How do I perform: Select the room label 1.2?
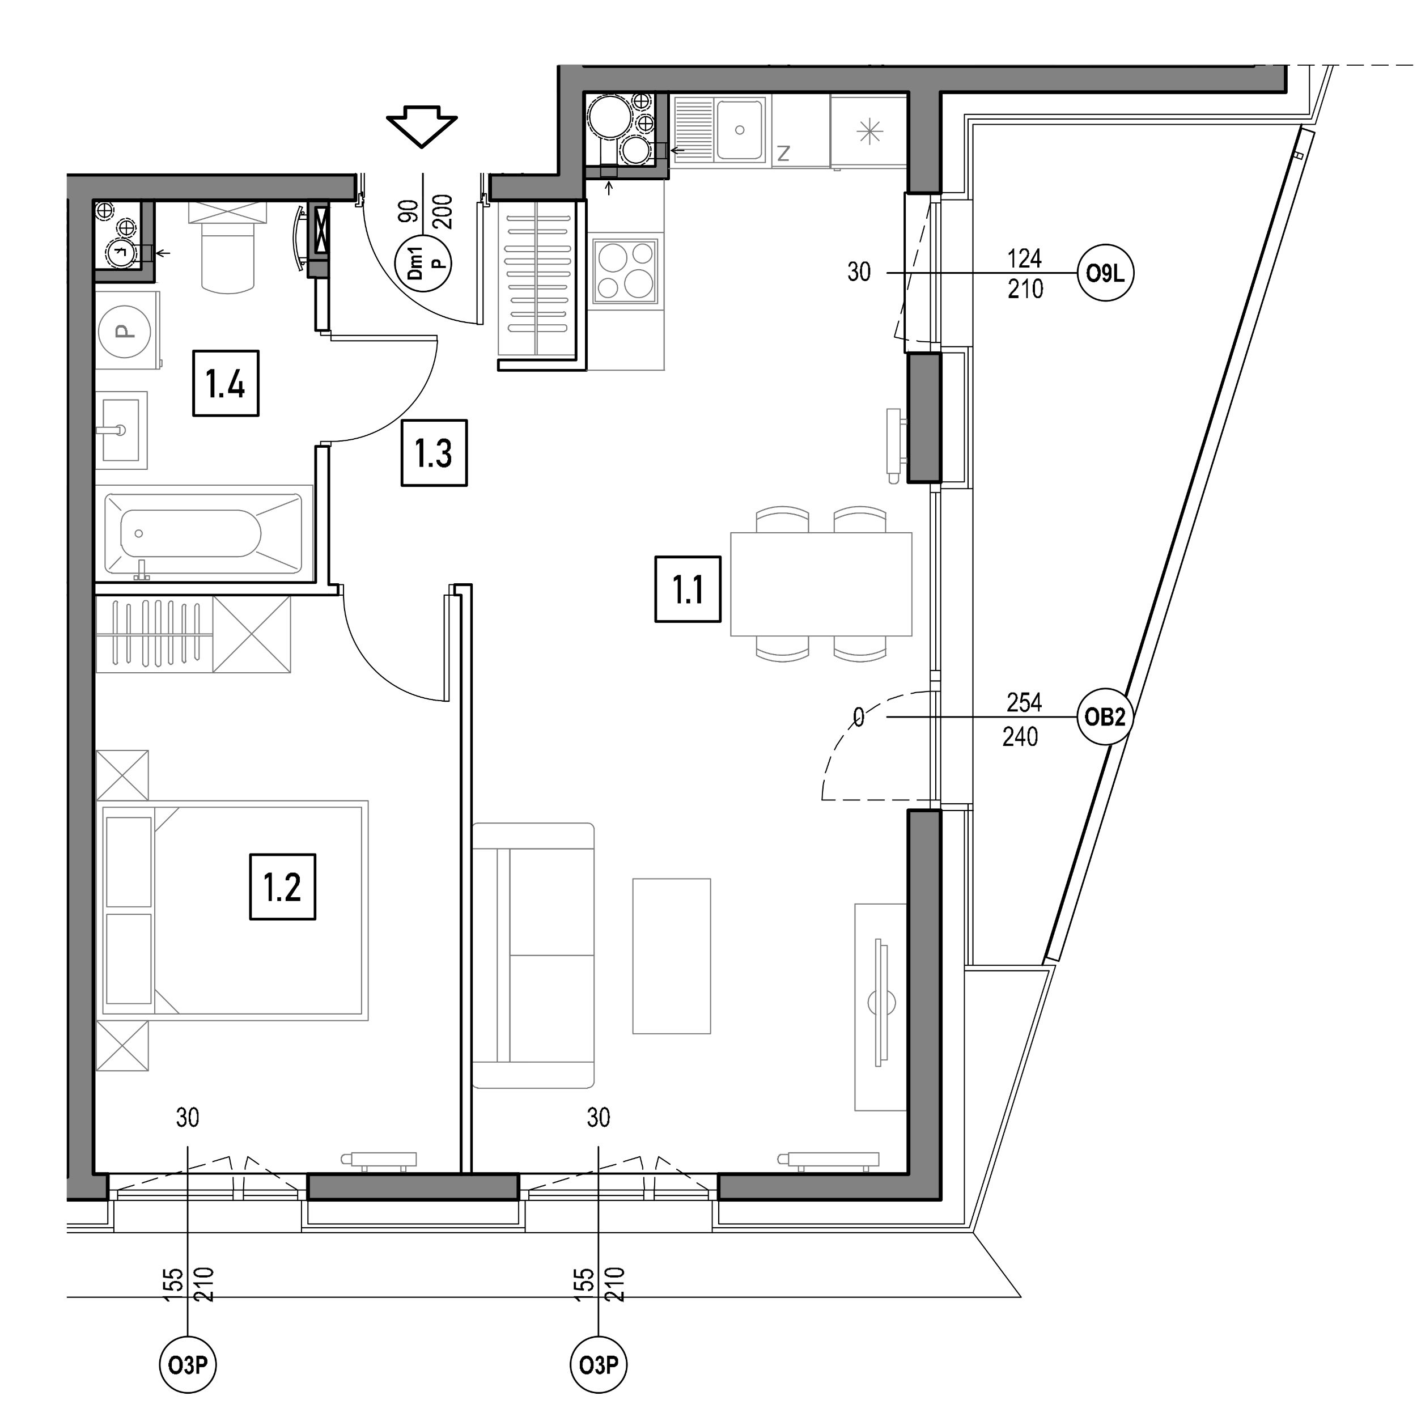(x=282, y=886)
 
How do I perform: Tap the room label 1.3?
(x=434, y=452)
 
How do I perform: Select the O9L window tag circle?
(x=1105, y=274)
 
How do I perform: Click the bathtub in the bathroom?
(x=203, y=533)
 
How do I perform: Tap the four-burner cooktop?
(x=625, y=270)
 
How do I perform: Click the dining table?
(x=821, y=584)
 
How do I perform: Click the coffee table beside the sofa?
(x=671, y=956)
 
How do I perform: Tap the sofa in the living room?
(x=532, y=956)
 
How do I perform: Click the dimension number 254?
(x=1024, y=703)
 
